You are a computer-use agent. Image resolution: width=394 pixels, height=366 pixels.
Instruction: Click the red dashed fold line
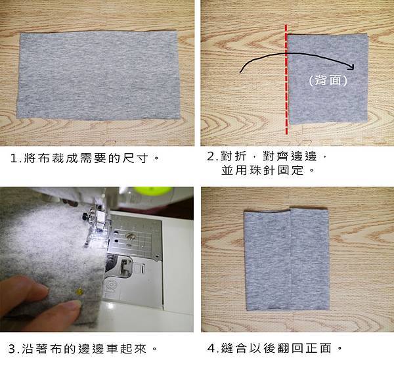[x=286, y=80]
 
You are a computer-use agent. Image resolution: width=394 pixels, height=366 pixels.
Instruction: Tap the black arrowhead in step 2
[x=351, y=66]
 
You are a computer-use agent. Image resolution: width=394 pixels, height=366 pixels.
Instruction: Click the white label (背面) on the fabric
[x=328, y=80]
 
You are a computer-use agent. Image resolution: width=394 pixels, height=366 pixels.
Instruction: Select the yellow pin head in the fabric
[x=79, y=291]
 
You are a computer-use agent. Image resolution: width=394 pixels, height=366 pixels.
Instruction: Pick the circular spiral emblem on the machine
[x=111, y=285]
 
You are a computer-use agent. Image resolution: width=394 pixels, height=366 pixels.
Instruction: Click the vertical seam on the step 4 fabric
[x=291, y=259]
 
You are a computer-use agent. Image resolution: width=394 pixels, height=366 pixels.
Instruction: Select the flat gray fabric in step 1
[x=98, y=75]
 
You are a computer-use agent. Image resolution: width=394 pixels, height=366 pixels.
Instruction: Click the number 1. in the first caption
[x=16, y=158]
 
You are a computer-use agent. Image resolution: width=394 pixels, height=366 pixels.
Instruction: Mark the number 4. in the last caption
[x=213, y=348]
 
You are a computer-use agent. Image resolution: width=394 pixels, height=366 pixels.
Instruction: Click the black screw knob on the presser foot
[x=85, y=216]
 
